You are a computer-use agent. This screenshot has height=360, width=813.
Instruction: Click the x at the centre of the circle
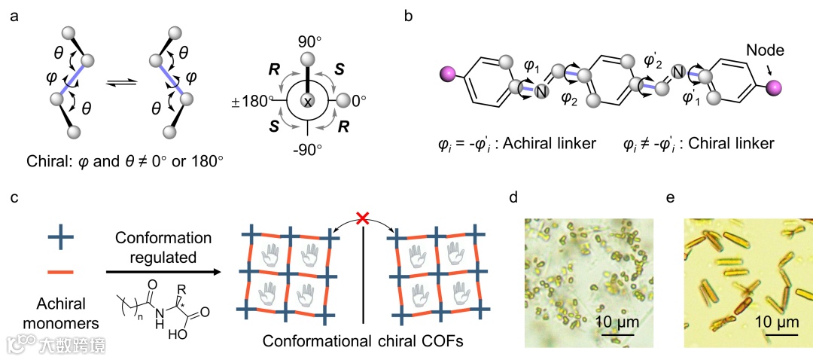[x=309, y=102]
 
